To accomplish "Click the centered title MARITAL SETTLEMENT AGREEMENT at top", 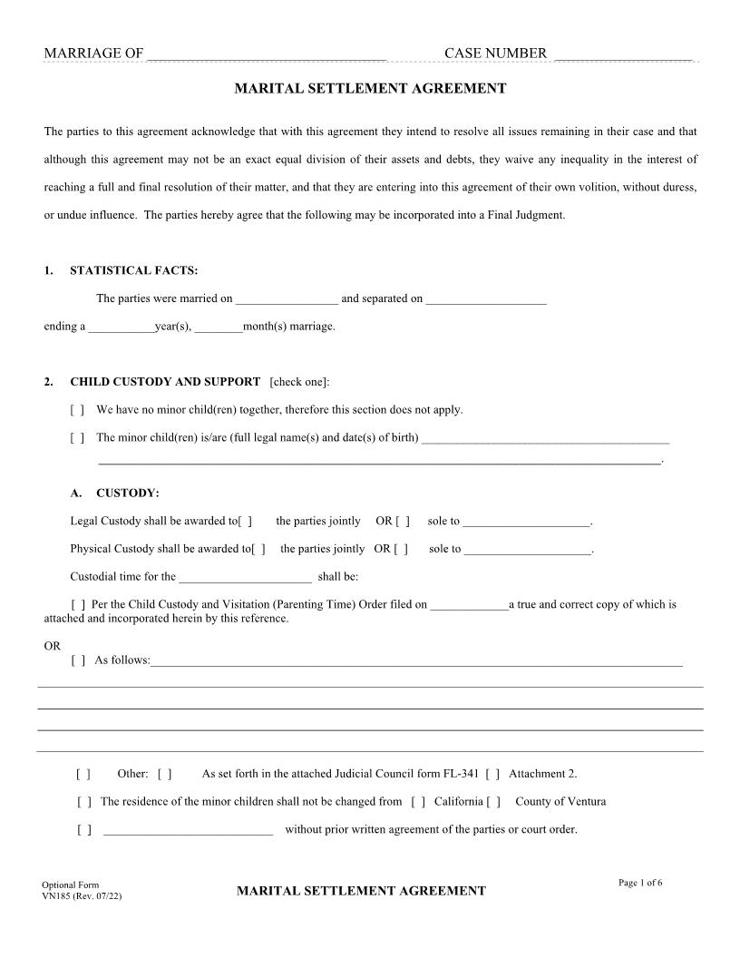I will pos(370,89).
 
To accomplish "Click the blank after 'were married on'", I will pos(287,299).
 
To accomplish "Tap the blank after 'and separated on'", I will pos(486,299).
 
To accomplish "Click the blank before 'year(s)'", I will pos(121,327).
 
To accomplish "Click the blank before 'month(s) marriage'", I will pos(219,327).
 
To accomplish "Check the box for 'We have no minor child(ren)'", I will pos(77,410).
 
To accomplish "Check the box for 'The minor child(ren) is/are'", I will pos(77,438).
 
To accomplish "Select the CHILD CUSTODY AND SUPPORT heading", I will pos(165,382).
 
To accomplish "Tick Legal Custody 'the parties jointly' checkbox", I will pos(245,522).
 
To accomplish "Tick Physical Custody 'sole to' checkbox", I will pos(401,550).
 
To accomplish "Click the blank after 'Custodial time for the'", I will pos(245,578).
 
